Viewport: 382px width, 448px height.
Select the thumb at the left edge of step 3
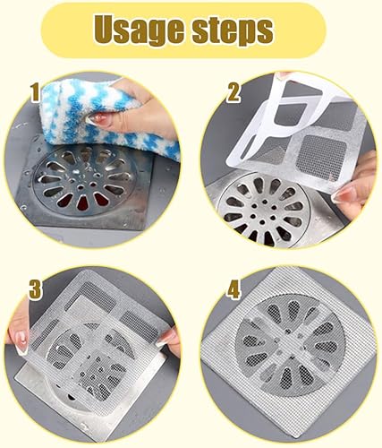click(18, 340)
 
